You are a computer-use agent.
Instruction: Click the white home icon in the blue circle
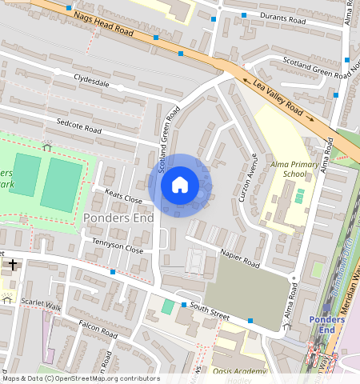[x=180, y=185]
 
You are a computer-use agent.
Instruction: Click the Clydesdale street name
[x=91, y=81]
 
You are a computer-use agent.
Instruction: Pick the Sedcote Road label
[x=79, y=126]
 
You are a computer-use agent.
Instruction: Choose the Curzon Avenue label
[x=248, y=176]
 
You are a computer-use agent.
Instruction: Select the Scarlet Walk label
[x=41, y=303]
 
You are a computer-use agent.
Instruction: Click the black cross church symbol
[x=12, y=264]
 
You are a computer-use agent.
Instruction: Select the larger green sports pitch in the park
[x=61, y=185]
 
